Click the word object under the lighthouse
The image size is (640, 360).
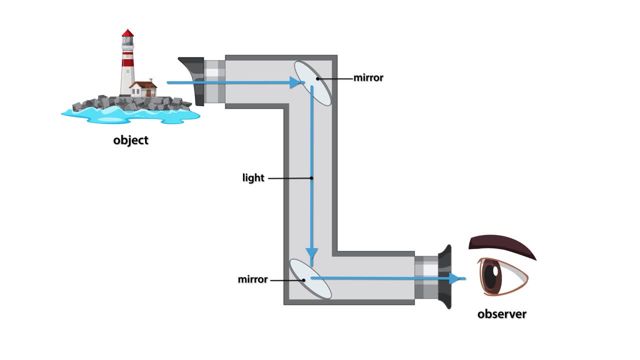(130, 140)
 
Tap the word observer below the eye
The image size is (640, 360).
(501, 314)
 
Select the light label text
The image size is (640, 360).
(253, 178)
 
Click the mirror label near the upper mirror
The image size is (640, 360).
(368, 78)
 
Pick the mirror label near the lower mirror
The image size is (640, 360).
(252, 279)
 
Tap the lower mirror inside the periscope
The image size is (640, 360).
(310, 278)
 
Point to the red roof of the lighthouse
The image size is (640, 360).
(128, 33)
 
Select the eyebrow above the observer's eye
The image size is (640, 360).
(500, 245)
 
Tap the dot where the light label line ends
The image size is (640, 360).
(311, 178)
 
